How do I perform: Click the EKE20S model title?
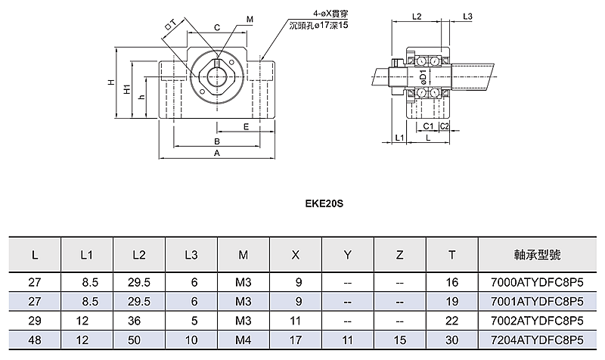coord(324,203)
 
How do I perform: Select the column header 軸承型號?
coord(537,255)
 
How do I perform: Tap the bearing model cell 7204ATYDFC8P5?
coord(537,340)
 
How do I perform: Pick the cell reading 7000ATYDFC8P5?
coord(537,282)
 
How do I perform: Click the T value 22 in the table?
coord(451,321)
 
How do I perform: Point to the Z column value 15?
coord(400,340)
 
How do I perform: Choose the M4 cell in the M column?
coord(243,340)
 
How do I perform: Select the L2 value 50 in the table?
coord(135,340)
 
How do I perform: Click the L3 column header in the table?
coord(191,255)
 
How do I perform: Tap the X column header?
coord(295,255)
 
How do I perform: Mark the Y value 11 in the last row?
coord(347,340)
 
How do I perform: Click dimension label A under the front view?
coord(217,154)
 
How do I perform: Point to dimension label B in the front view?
coord(217,141)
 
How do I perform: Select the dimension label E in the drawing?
coord(247,127)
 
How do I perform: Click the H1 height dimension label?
coord(127,89)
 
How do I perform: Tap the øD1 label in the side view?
coord(423,77)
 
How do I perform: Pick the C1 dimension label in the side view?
coord(428,126)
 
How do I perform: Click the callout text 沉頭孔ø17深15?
coord(318,26)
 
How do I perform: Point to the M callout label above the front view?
coord(250,20)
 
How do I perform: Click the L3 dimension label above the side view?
coord(467,16)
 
